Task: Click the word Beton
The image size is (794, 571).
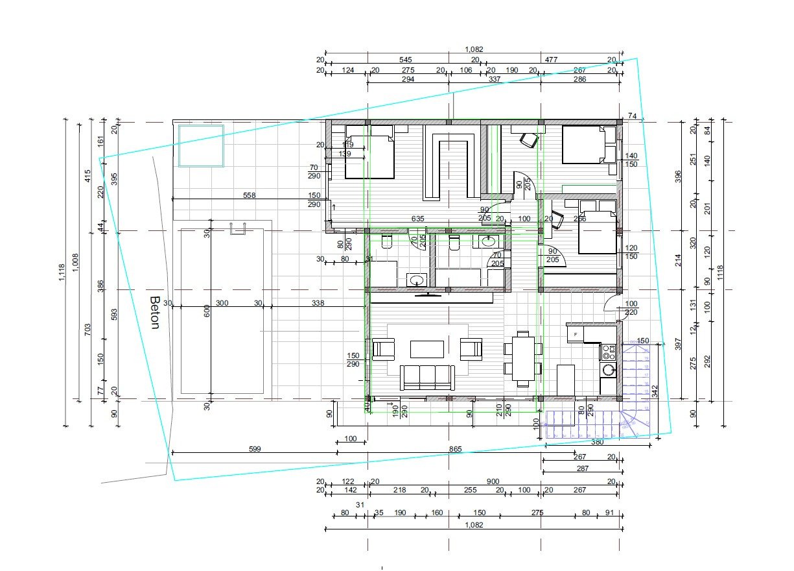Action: point(154,313)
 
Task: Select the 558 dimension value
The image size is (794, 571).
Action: point(249,195)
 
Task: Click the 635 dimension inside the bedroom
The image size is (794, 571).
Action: point(417,219)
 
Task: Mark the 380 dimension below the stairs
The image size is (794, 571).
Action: point(597,442)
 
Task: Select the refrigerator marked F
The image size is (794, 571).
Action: point(574,334)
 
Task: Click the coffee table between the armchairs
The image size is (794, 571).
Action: point(426,349)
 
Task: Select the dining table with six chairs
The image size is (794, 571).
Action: point(523,358)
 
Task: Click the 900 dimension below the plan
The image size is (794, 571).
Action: point(493,481)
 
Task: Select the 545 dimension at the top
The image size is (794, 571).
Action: point(406,60)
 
